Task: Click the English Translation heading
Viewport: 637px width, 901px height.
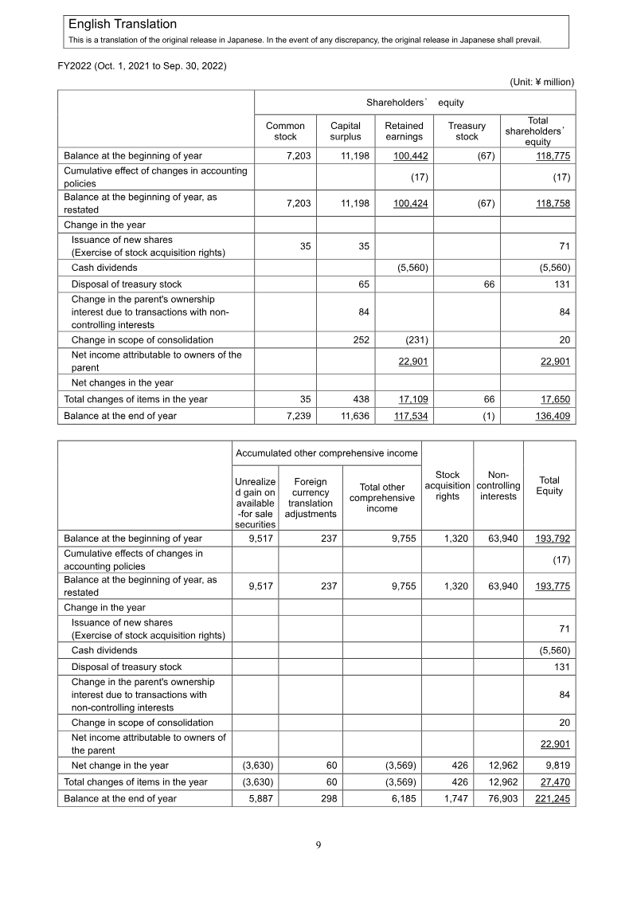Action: (x=123, y=25)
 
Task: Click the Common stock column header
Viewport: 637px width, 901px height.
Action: (x=285, y=131)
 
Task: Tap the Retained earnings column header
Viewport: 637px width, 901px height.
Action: (x=404, y=131)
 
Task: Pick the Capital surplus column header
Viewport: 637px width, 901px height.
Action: (x=346, y=131)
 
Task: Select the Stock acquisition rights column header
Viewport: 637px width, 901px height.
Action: (x=447, y=485)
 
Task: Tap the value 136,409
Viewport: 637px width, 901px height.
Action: (x=552, y=416)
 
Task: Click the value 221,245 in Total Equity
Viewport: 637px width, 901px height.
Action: (x=552, y=798)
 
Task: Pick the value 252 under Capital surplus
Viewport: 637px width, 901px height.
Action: (x=361, y=339)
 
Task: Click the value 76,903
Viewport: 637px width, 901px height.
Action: (x=502, y=798)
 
